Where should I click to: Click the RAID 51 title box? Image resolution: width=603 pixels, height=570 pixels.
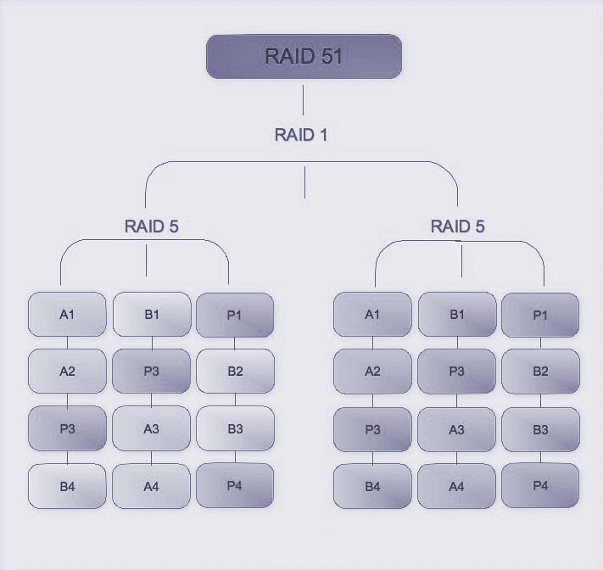304,57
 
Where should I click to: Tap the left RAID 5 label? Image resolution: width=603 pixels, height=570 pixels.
151,226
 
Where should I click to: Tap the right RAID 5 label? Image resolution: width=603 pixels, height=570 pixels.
457,226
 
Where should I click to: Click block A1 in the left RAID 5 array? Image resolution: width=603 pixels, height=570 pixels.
67,315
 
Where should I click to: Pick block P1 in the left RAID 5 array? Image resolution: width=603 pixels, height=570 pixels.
235,315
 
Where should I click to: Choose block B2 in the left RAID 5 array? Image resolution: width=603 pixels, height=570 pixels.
235,372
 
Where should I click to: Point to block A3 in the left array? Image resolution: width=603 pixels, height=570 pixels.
151,429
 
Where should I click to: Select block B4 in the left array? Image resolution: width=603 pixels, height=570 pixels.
67,486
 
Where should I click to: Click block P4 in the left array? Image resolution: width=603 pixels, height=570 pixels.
235,486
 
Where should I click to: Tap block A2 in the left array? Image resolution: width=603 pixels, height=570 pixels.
67,372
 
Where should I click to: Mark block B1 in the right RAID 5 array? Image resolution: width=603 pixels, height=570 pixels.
456,315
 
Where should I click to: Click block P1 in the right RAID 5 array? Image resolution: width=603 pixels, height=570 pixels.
540,315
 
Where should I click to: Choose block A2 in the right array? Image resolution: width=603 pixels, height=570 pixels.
372,372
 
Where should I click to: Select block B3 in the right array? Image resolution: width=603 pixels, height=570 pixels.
540,429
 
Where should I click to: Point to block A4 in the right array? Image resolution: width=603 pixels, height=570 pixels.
456,486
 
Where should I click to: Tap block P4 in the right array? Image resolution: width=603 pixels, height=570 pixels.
540,486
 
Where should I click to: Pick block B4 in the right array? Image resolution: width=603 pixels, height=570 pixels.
372,486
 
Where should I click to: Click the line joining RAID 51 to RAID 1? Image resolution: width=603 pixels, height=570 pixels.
304,100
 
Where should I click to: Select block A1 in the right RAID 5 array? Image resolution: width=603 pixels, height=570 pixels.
372,315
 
